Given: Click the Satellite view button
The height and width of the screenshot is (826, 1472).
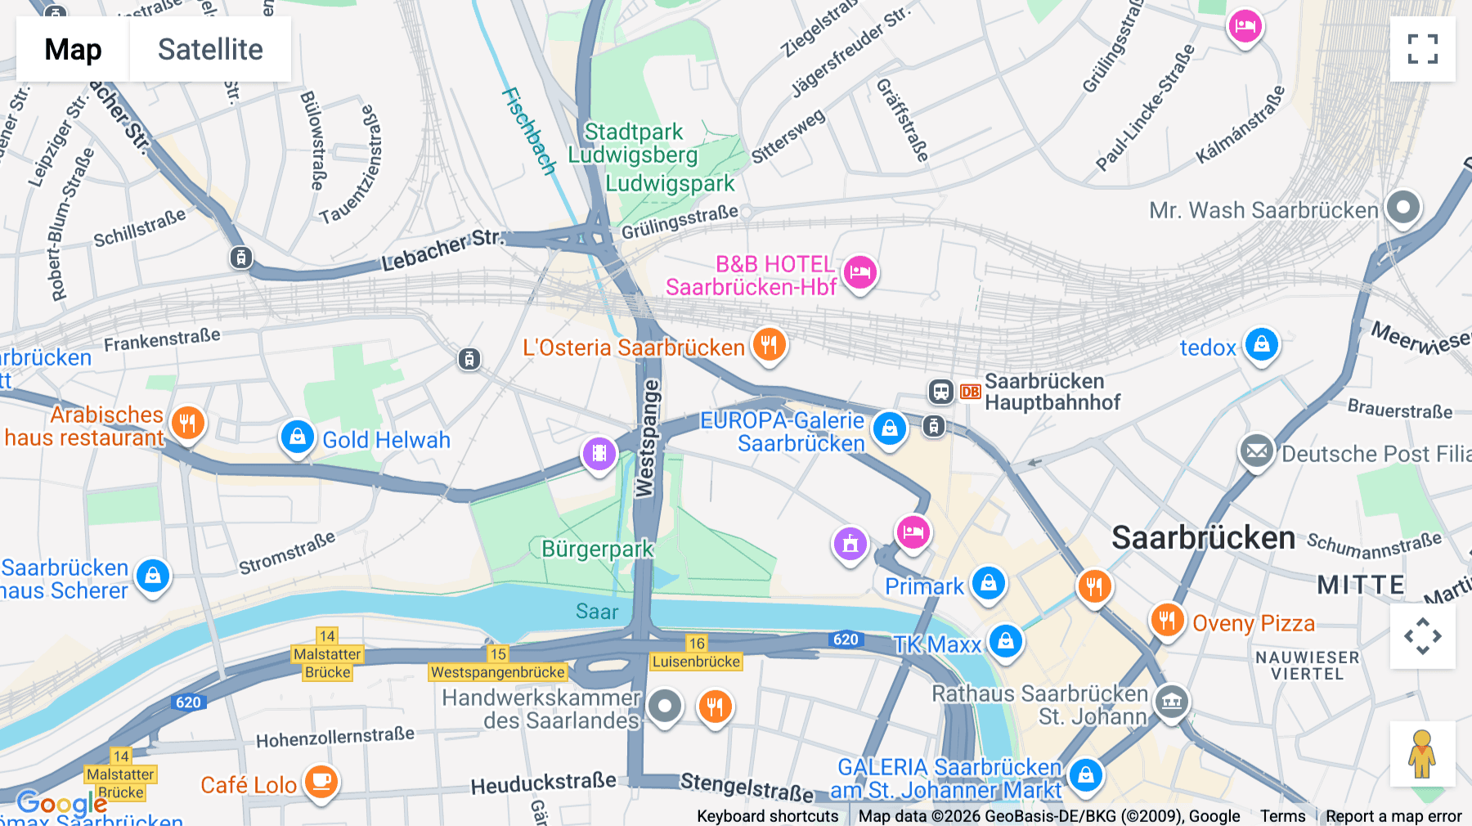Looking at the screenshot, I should click(210, 49).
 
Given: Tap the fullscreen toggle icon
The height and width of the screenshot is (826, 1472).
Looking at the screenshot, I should click(1422, 49).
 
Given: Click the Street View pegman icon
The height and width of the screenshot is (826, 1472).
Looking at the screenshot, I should click(1422, 753).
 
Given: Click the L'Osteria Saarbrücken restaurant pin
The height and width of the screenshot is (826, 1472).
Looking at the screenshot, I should click(769, 344).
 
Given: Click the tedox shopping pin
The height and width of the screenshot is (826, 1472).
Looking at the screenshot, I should click(1261, 344).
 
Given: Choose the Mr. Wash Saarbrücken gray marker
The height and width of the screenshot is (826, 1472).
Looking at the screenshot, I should click(1403, 207).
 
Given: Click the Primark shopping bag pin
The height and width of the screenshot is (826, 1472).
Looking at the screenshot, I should click(988, 583).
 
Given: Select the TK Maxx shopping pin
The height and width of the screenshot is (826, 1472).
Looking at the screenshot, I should click(1006, 641).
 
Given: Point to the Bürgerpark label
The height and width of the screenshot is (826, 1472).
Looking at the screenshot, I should click(597, 549).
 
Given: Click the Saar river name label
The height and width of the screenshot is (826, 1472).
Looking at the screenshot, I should click(596, 611).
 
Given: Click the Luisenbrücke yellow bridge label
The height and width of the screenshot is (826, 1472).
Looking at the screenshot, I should click(696, 662).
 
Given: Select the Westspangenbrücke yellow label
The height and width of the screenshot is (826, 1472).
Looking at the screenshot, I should click(498, 672).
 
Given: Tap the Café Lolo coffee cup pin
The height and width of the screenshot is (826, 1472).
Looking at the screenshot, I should click(321, 782).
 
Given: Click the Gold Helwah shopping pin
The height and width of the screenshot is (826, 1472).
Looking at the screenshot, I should click(298, 437).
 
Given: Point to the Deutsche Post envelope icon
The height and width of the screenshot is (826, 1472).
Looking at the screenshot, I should click(1257, 450).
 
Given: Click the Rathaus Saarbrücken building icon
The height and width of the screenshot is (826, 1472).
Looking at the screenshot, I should click(1171, 701).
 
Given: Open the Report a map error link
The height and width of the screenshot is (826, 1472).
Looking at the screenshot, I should click(1393, 816).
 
